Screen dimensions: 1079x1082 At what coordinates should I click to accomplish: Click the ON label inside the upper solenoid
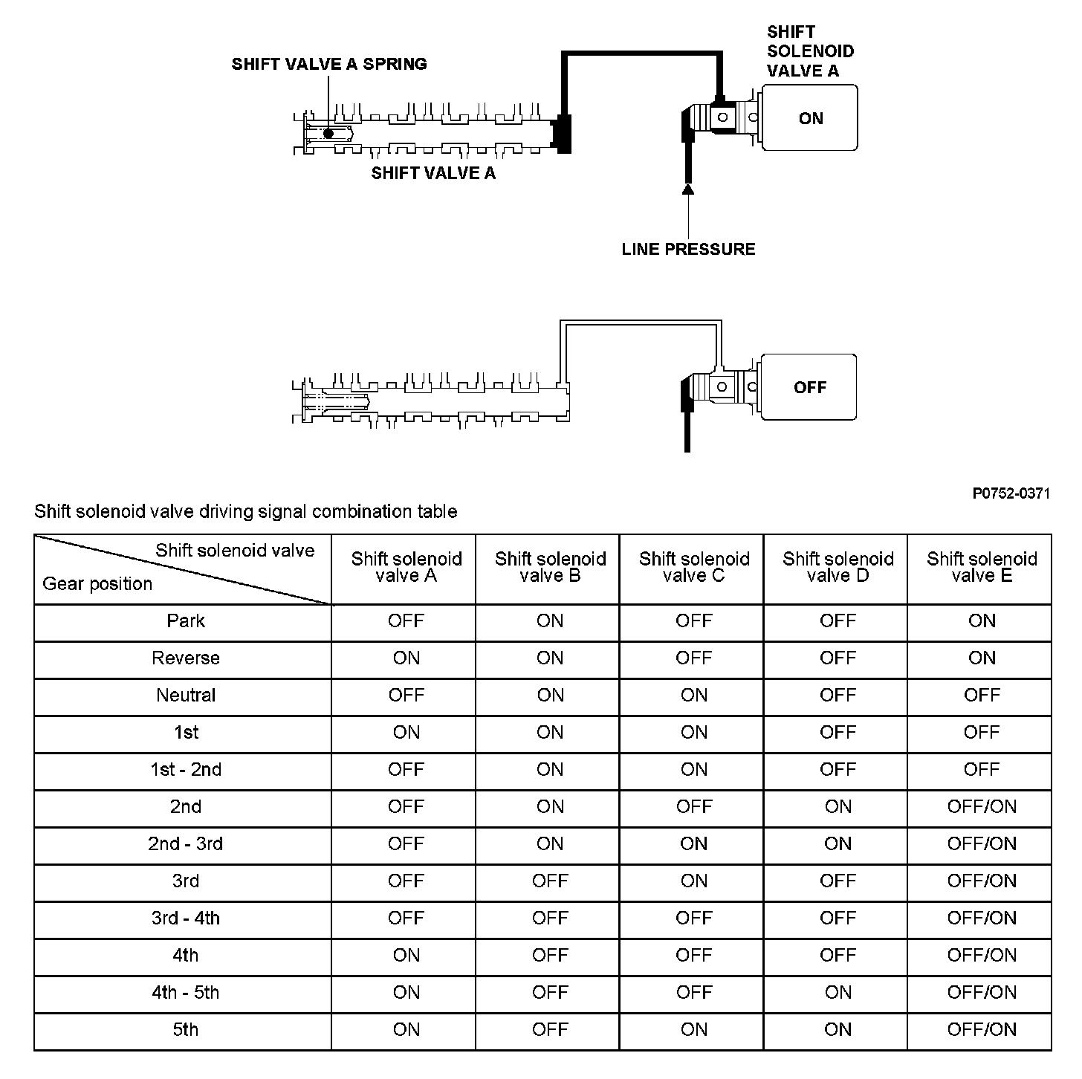(x=811, y=119)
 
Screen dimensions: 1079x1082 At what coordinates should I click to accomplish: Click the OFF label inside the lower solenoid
(x=810, y=387)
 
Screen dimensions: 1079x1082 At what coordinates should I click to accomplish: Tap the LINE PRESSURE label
(x=688, y=249)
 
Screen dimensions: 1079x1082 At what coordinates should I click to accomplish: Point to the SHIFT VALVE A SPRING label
(x=329, y=64)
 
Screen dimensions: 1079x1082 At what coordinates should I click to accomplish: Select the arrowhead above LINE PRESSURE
(x=688, y=189)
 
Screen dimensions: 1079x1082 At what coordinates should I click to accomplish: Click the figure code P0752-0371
(x=1011, y=493)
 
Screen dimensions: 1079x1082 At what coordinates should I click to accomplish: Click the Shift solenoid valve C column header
(x=694, y=567)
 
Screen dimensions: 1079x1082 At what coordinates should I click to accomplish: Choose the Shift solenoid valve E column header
(x=982, y=567)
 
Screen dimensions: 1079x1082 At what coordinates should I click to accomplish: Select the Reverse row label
(x=186, y=658)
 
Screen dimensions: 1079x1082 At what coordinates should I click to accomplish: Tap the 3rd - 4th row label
(x=186, y=918)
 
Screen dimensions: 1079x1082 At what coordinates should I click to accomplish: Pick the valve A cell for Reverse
(x=406, y=658)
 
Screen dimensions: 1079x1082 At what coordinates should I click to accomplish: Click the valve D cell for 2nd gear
(x=838, y=807)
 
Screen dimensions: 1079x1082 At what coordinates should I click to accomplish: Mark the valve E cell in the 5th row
(x=982, y=1030)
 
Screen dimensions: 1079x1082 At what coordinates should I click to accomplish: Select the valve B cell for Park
(x=550, y=621)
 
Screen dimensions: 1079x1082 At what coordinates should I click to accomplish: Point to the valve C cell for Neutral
(x=694, y=696)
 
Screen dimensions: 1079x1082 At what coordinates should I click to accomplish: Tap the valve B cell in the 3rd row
(x=550, y=881)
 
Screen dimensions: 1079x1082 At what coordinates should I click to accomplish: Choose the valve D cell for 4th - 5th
(x=838, y=993)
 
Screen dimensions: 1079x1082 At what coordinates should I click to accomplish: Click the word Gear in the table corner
(x=59, y=584)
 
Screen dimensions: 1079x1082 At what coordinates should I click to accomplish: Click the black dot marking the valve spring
(x=328, y=134)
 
